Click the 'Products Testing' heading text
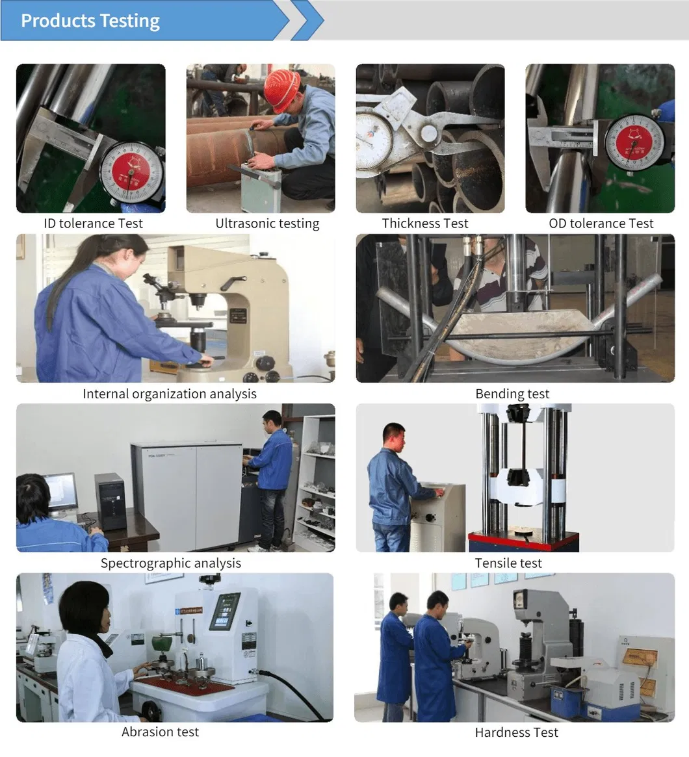point(90,21)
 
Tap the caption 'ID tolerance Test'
point(93,224)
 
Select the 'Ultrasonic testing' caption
point(267,224)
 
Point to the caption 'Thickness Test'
point(425,224)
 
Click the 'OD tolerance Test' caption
point(601,224)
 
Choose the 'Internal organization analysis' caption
point(170,394)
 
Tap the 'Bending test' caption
point(512,394)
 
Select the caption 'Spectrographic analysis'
point(170,563)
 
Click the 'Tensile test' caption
point(508,563)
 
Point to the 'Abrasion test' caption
point(160,732)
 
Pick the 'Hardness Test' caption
point(516,732)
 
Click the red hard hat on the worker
point(281,90)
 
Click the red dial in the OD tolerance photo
point(634,143)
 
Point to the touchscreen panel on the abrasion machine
point(224,611)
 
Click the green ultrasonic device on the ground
point(260,188)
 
